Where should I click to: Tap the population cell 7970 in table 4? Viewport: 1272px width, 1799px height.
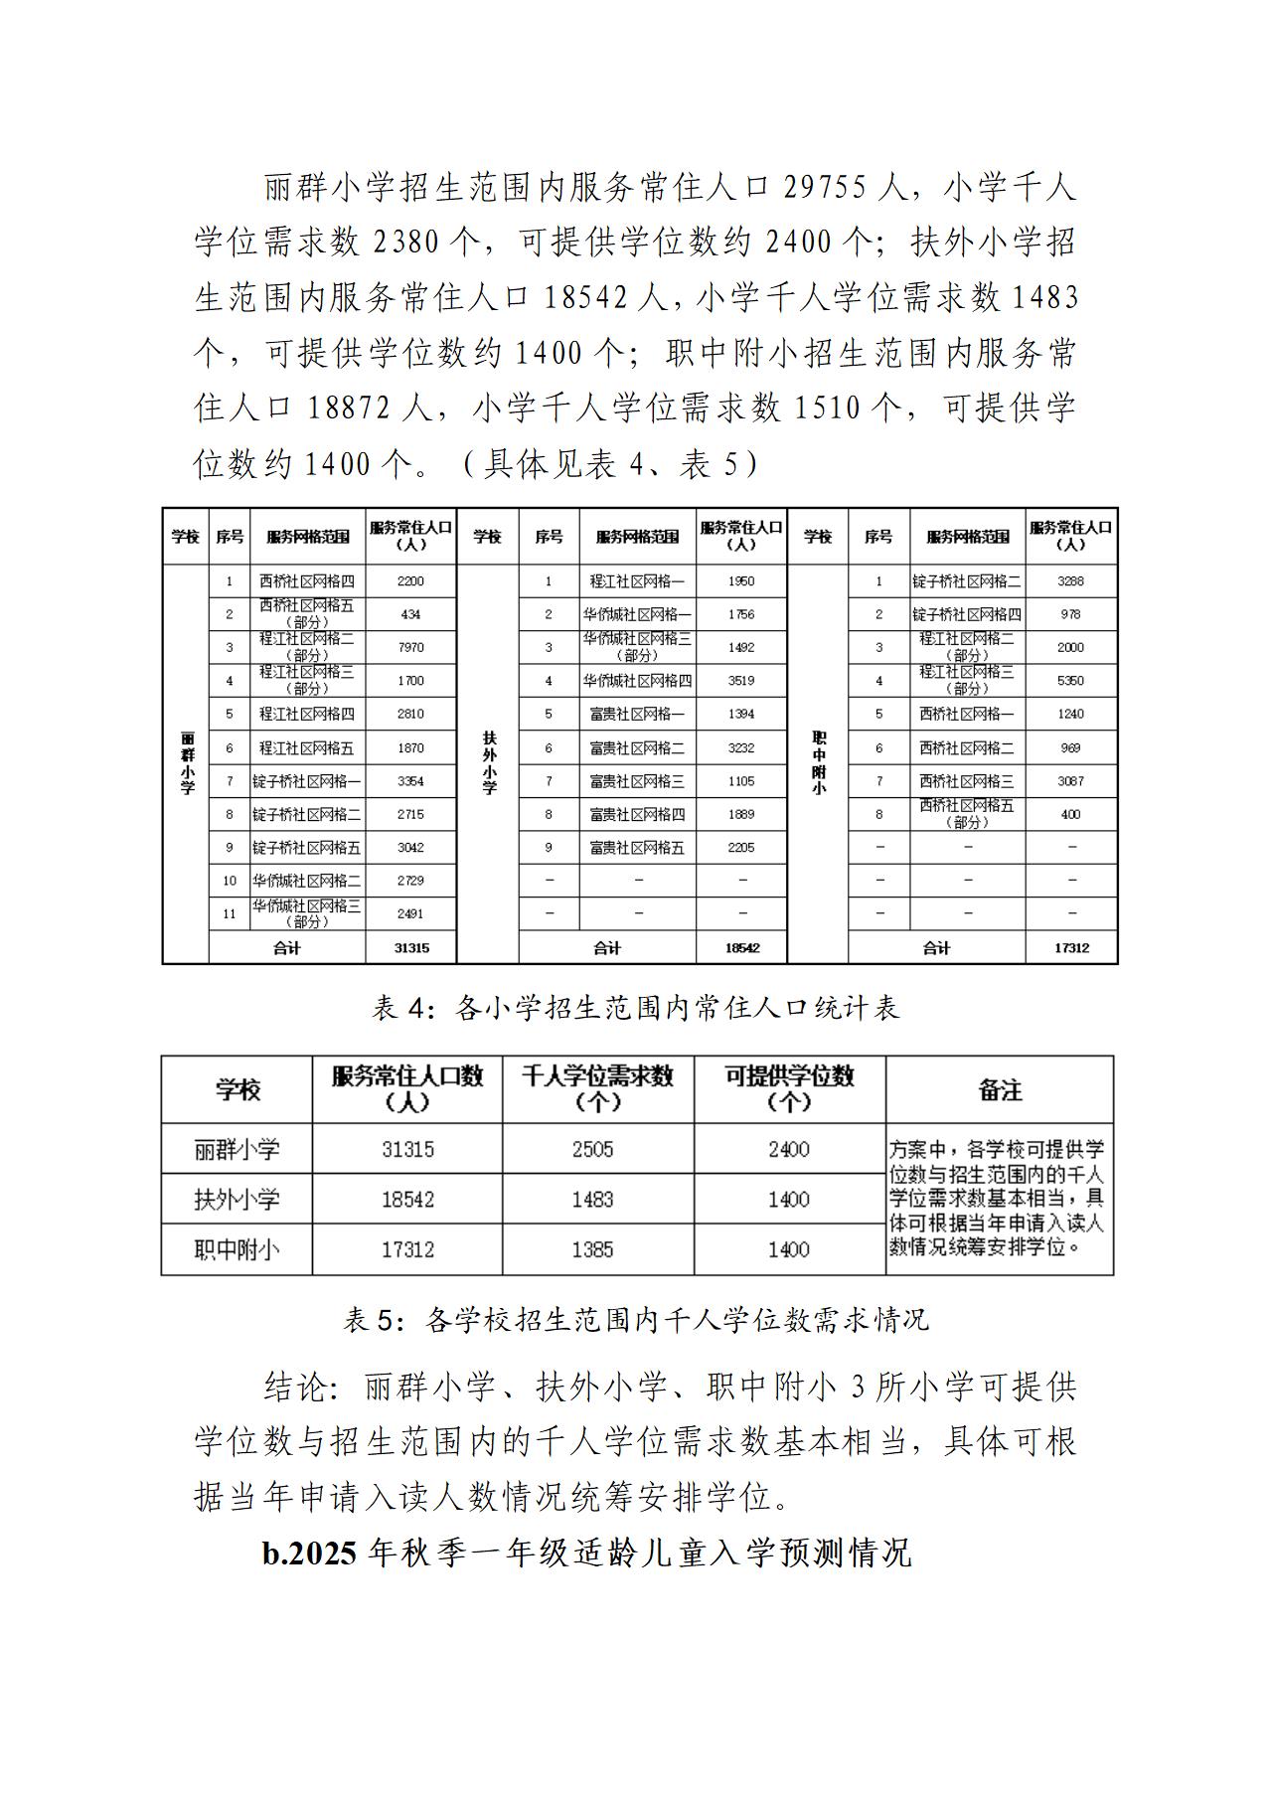point(410,647)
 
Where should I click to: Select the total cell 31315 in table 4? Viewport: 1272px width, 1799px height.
point(410,948)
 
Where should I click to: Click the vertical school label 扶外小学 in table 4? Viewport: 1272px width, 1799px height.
point(488,763)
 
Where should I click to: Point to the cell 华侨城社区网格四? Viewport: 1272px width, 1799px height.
point(637,681)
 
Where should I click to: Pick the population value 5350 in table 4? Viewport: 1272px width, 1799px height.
point(1070,681)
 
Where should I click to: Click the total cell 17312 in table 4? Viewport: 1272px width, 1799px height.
point(1070,948)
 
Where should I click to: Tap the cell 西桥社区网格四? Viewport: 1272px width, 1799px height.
point(306,580)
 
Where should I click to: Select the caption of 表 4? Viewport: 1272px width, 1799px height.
point(635,1008)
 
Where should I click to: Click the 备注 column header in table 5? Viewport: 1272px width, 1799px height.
point(1000,1089)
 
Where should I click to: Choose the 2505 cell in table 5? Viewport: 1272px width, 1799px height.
point(592,1149)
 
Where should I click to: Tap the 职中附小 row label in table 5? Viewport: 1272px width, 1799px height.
point(237,1249)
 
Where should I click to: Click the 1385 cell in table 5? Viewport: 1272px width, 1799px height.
point(592,1249)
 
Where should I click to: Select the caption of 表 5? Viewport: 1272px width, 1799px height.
point(635,1319)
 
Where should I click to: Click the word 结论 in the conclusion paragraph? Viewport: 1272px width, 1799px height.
point(296,1387)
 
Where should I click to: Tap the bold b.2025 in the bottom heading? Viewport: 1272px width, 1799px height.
point(309,1553)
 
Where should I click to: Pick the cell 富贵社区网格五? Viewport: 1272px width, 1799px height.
point(637,848)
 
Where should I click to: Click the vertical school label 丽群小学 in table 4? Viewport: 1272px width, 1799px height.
point(187,763)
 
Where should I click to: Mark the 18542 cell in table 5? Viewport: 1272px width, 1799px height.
point(407,1200)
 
